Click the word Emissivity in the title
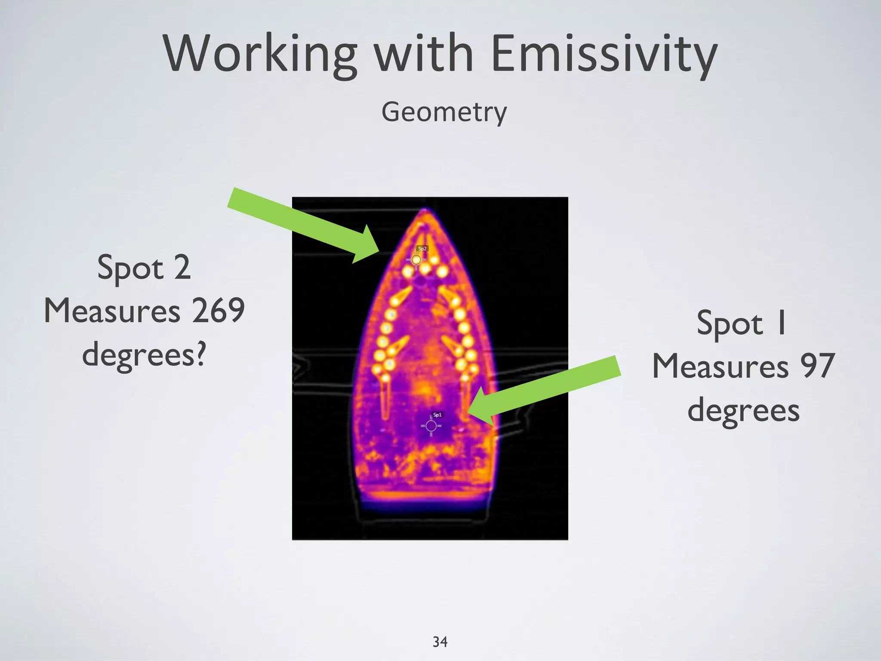click(604, 54)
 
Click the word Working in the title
click(260, 54)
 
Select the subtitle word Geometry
click(444, 113)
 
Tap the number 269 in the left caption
click(218, 311)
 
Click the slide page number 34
click(440, 642)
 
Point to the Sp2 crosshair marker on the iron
click(416, 260)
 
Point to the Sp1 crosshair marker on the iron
click(431, 426)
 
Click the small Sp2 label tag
click(422, 248)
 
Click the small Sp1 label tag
click(437, 415)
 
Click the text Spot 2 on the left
click(144, 268)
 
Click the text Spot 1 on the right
click(742, 323)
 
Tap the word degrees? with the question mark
click(144, 355)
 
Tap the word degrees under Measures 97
click(743, 410)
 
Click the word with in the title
click(424, 54)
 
